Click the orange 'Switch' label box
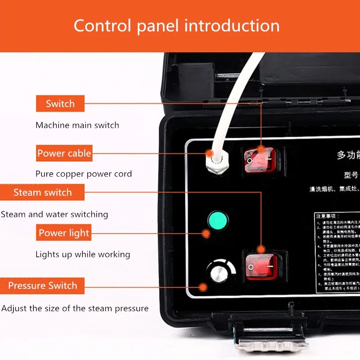pyautogui.click(x=60, y=104)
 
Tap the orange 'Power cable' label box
pyautogui.click(x=64, y=153)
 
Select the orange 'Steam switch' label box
pyautogui.click(x=42, y=193)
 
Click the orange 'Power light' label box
pyautogui.click(x=64, y=233)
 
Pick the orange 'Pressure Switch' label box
pyautogui.click(x=42, y=286)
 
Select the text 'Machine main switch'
pyautogui.click(x=77, y=125)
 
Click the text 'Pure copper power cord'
pyautogui.click(x=84, y=174)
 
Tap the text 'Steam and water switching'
pyautogui.click(x=54, y=214)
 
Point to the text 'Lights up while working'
pyautogui.click(x=83, y=254)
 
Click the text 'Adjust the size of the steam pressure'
pyautogui.click(x=75, y=309)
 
